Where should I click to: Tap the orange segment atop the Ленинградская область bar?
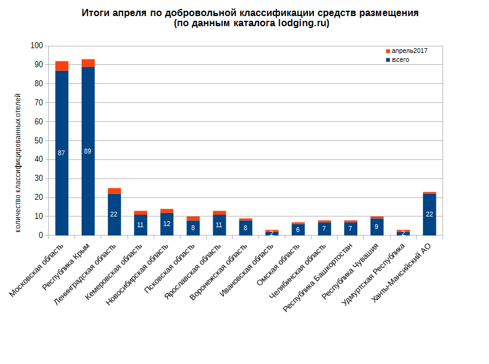(x=114, y=191)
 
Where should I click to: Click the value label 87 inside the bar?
(x=61, y=153)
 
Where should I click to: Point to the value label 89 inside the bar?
(x=88, y=151)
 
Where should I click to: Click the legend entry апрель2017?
(x=409, y=51)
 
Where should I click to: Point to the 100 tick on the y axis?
(x=37, y=46)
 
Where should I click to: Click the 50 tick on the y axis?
(x=39, y=141)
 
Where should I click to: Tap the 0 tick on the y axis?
(x=41, y=236)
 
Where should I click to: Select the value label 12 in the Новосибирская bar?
(x=166, y=224)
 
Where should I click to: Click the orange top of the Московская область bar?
(x=61, y=66)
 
